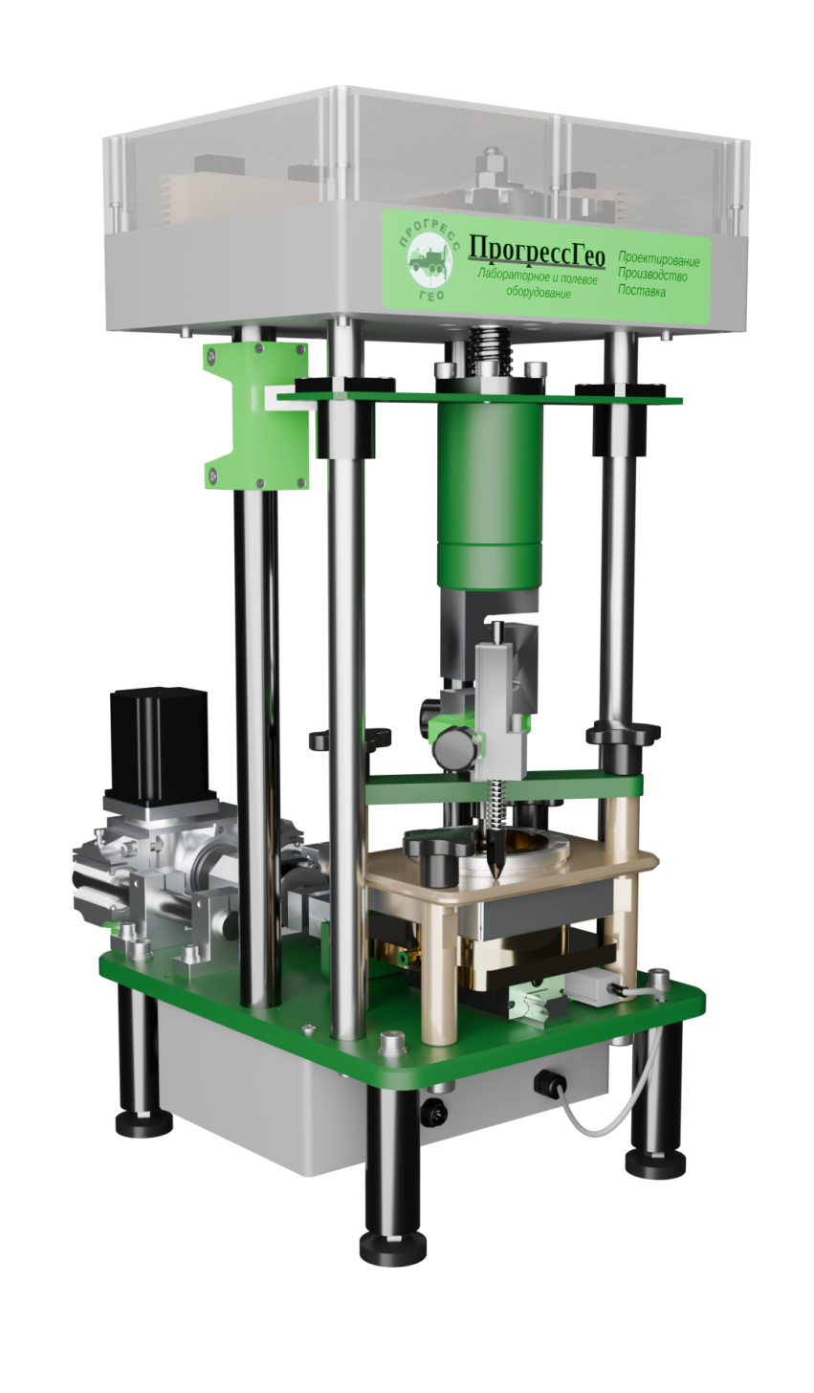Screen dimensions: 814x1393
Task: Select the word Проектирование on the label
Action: [658, 259]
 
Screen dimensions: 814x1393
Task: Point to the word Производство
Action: [651, 275]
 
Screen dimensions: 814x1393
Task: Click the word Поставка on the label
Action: [641, 290]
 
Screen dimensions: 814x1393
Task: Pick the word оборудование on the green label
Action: [538, 292]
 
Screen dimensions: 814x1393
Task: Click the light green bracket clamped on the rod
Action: [255, 416]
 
